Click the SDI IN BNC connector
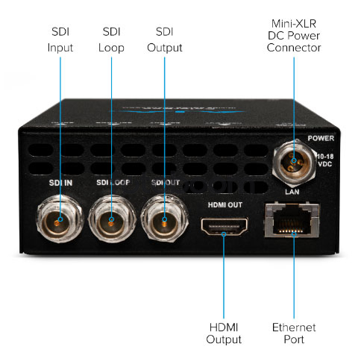tap(60, 219)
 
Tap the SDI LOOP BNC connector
tap(112, 219)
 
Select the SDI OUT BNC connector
tap(164, 219)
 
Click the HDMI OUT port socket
tap(225, 226)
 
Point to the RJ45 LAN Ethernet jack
tap(292, 220)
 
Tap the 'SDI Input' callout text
tap(60, 40)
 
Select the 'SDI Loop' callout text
tap(111, 40)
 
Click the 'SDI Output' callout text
tap(165, 40)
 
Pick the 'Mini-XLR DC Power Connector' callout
tap(294, 36)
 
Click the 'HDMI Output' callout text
tap(224, 333)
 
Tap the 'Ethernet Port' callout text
tap(294, 333)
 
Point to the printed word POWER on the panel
tap(321, 138)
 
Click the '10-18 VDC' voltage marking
tap(325, 160)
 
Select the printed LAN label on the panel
tap(292, 192)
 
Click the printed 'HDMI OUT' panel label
tap(225, 205)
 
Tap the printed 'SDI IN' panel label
tap(60, 183)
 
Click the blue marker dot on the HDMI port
tap(224, 234)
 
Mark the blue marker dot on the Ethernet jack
tap(294, 234)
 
